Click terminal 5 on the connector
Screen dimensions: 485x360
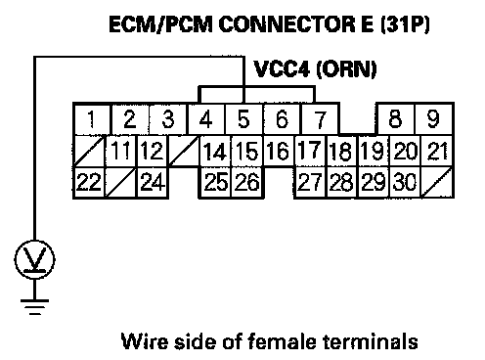click(x=243, y=119)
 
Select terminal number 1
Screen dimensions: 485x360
click(x=92, y=119)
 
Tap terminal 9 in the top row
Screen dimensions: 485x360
click(x=433, y=119)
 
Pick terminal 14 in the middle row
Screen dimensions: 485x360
click(x=215, y=151)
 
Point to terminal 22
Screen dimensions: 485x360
click(x=89, y=182)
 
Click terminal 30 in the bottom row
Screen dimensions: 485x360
click(x=405, y=182)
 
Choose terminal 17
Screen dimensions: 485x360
click(x=310, y=151)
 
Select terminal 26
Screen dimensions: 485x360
click(x=246, y=182)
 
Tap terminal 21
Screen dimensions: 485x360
click(x=437, y=151)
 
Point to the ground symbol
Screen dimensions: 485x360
click(x=34, y=307)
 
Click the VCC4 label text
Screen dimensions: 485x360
click(x=281, y=69)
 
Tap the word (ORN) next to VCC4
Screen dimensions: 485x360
click(x=346, y=69)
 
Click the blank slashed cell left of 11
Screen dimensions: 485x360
click(x=89, y=151)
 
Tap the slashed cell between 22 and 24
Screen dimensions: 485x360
click(x=120, y=182)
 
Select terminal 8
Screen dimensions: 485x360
click(x=395, y=119)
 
